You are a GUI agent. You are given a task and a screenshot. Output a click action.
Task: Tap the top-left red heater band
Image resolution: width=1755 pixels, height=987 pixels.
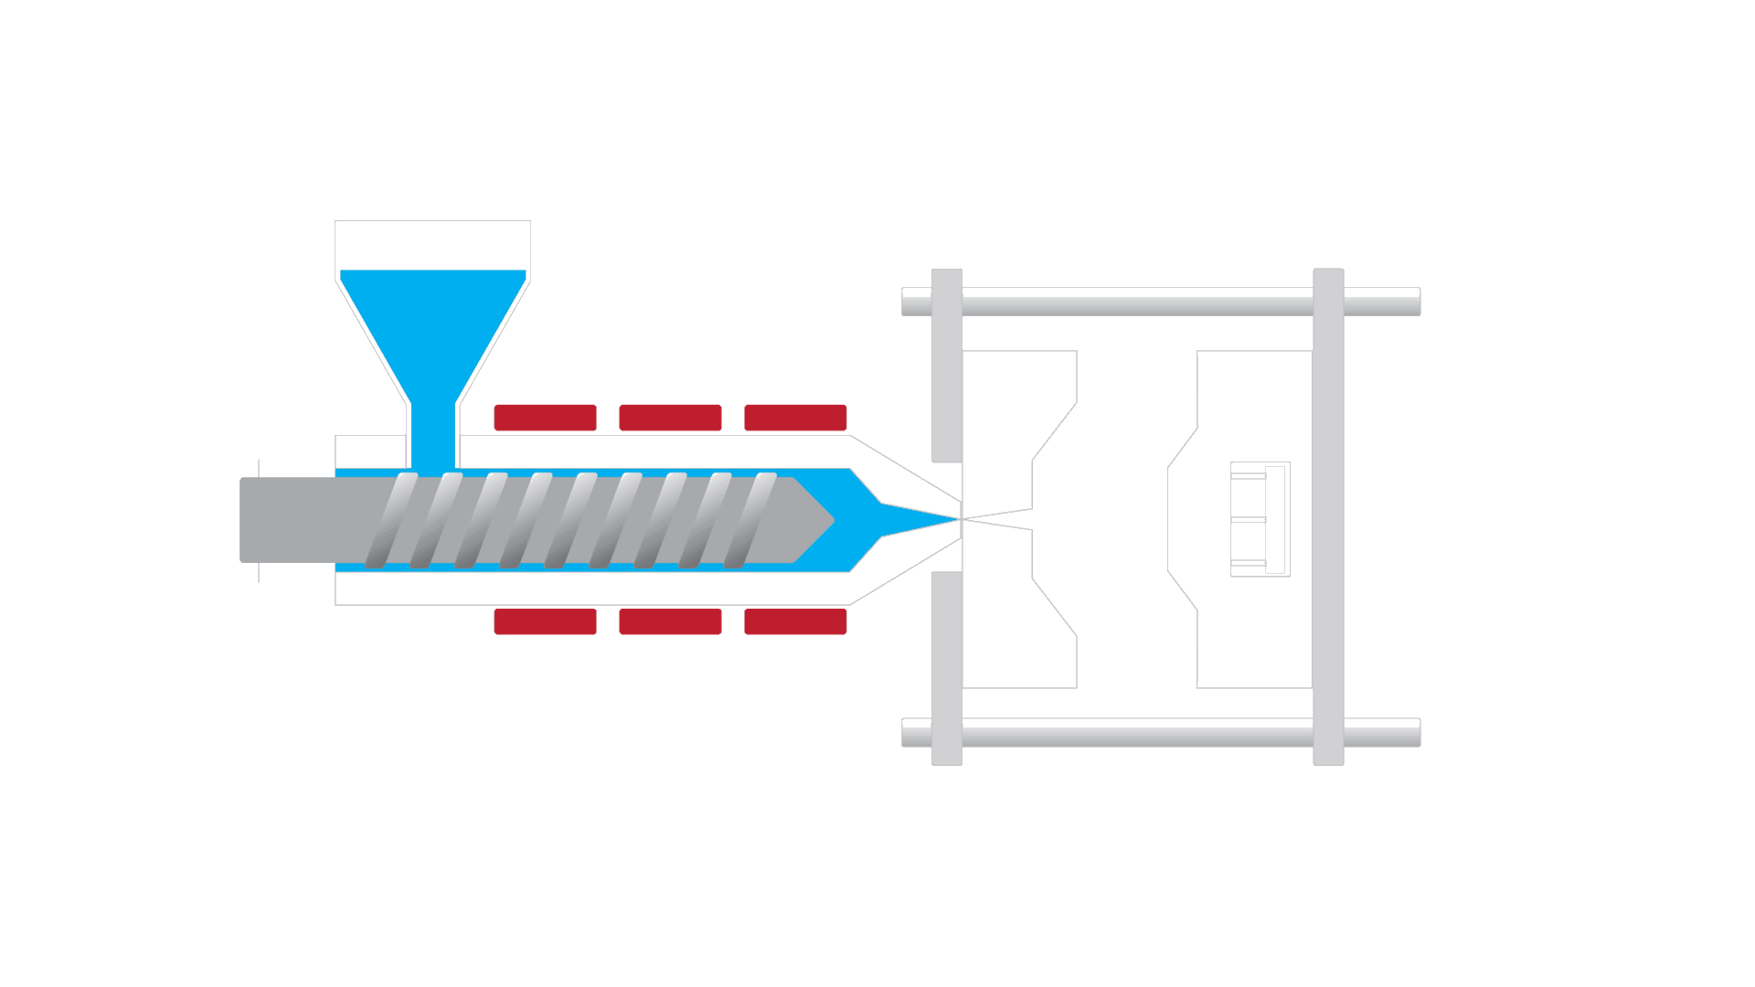545,418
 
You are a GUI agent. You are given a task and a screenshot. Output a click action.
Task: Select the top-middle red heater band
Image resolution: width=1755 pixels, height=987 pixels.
670,418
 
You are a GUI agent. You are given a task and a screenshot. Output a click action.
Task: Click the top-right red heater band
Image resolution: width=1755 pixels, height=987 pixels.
795,418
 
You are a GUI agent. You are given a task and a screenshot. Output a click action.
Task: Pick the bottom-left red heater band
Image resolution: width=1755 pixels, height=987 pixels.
545,621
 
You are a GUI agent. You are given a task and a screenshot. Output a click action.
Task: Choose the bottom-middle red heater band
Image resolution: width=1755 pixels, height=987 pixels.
670,621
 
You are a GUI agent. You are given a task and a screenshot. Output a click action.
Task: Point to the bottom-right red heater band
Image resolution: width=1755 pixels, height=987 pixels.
795,621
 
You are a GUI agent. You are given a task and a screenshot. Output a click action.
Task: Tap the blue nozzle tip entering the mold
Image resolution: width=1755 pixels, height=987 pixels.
923,519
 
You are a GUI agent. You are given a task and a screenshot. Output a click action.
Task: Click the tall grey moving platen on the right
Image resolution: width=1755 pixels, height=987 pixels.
1328,516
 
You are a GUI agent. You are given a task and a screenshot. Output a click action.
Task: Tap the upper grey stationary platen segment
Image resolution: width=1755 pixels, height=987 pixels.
947,366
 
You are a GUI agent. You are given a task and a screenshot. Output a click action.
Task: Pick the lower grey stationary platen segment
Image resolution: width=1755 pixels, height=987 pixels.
947,667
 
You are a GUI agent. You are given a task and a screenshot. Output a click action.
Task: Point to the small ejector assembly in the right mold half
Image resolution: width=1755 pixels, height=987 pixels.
1260,519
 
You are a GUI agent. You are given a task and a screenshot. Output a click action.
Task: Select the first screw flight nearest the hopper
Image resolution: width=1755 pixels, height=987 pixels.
392,520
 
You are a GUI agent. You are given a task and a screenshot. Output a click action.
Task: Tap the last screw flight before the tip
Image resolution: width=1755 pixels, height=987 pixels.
750,520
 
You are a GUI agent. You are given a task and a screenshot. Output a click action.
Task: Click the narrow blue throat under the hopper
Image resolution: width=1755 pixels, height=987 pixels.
432,437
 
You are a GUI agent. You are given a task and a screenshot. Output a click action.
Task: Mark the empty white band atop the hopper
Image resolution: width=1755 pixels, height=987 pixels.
432,245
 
